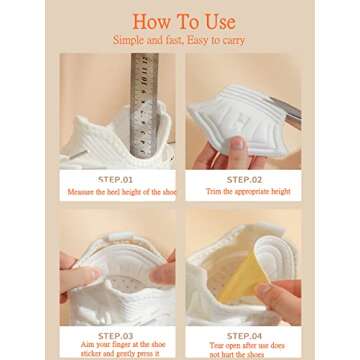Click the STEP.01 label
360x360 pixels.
click(117, 179)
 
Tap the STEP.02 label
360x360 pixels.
click(244, 179)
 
